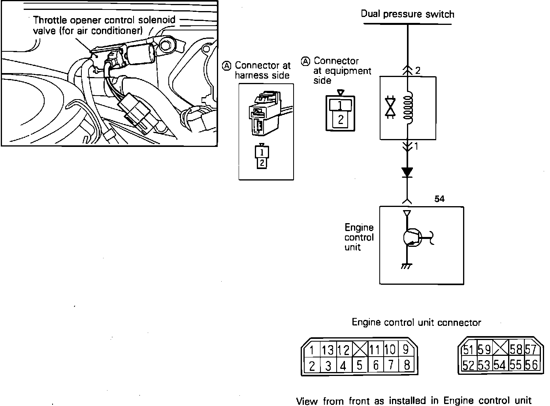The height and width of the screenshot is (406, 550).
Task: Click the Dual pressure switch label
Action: (x=407, y=14)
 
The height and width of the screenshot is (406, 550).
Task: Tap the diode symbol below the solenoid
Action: (x=407, y=173)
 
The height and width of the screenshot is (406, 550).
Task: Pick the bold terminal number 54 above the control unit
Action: (x=439, y=199)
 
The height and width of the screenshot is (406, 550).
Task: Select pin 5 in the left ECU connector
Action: (x=359, y=365)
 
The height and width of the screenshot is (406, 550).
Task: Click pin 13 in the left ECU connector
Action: (x=328, y=350)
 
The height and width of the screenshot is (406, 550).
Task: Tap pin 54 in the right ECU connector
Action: (x=499, y=365)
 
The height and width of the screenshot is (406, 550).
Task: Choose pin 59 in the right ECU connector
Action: (x=484, y=350)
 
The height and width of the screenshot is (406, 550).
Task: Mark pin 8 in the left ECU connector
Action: (x=407, y=365)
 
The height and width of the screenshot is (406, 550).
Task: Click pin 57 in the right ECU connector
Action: (x=531, y=350)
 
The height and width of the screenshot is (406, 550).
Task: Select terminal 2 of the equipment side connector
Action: (x=341, y=119)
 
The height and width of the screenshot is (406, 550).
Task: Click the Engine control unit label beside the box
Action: (x=359, y=237)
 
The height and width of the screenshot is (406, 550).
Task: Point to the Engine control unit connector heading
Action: (x=416, y=323)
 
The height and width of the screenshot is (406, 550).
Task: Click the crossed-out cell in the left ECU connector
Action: (x=360, y=350)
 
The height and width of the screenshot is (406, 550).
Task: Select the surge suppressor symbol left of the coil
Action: (x=390, y=107)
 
